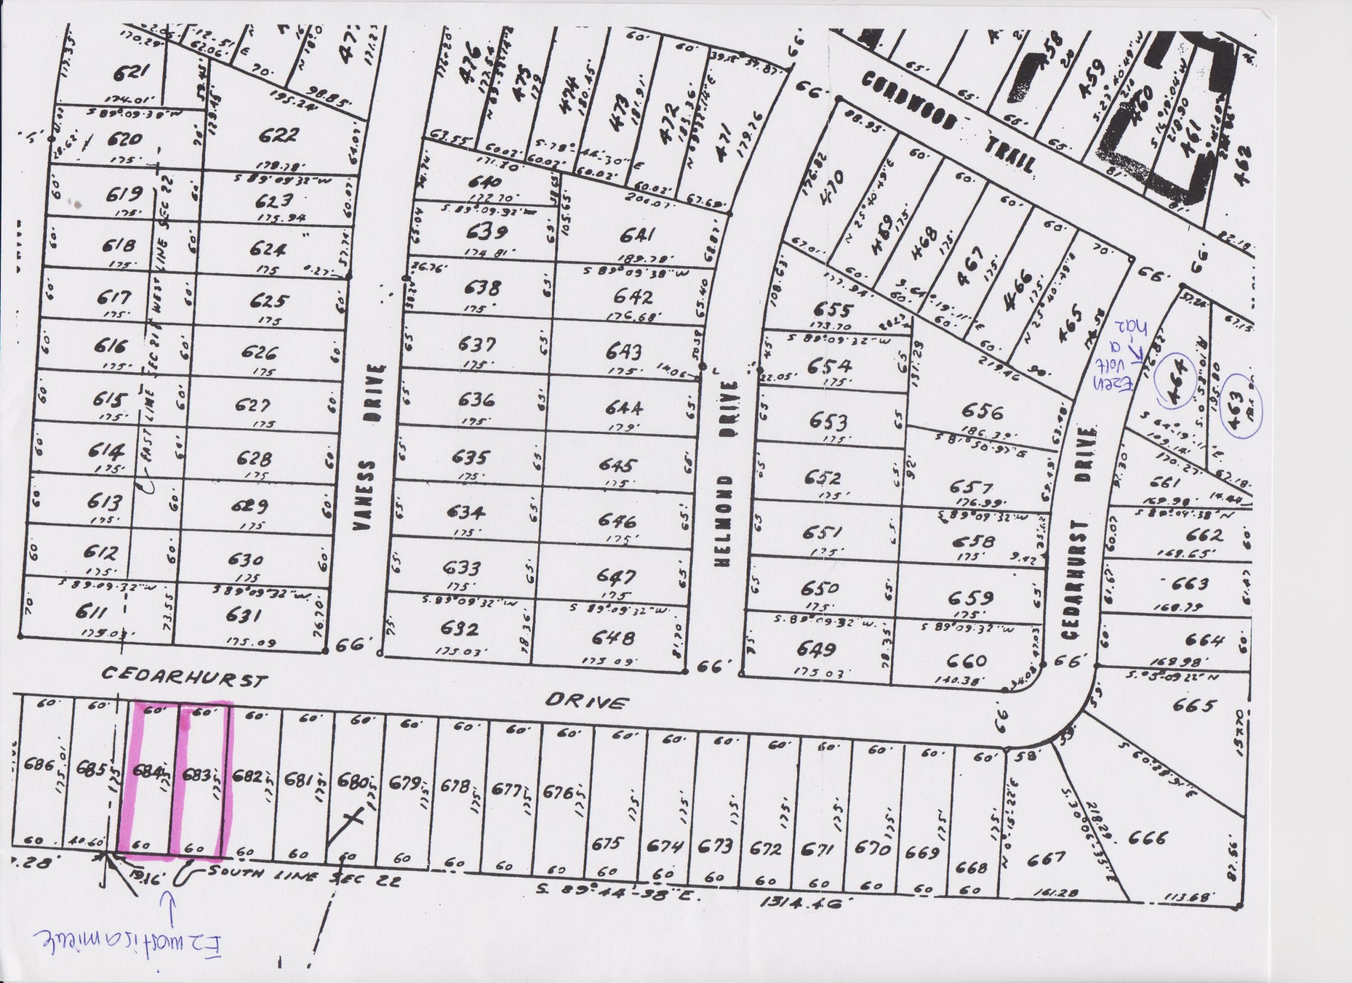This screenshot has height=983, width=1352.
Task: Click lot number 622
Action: pyautogui.click(x=279, y=136)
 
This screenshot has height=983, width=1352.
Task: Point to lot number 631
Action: pyautogui.click(x=245, y=615)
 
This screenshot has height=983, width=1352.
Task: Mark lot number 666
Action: pyautogui.click(x=1146, y=839)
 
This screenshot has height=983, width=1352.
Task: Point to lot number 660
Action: pyautogui.click(x=970, y=660)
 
